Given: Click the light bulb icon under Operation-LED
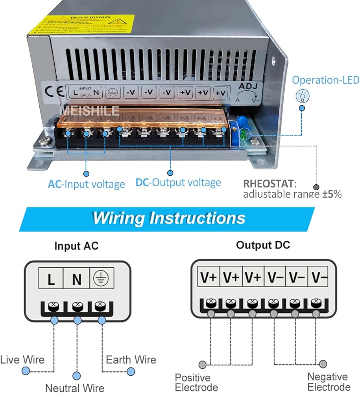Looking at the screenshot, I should pyautogui.click(x=303, y=95).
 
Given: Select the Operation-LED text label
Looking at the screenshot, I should pyautogui.click(x=325, y=80).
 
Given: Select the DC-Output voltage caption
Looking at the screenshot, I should pyautogui.click(x=178, y=183).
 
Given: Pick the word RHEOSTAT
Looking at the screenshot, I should pyautogui.click(x=268, y=184).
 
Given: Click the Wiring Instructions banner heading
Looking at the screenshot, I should pyautogui.click(x=169, y=218).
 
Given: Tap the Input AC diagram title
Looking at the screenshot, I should pyautogui.click(x=76, y=246).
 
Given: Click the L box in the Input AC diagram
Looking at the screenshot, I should pyautogui.click(x=52, y=279).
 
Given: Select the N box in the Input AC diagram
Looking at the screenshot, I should pyautogui.click(x=77, y=279).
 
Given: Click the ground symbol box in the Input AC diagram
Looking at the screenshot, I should pyautogui.click(x=102, y=279).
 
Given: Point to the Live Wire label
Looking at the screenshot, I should pyautogui.click(x=22, y=359).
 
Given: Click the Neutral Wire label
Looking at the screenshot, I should pyautogui.click(x=75, y=387).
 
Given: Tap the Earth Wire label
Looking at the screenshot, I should pyautogui.click(x=131, y=359).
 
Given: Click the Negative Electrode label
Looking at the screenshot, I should pyautogui.click(x=329, y=382).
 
